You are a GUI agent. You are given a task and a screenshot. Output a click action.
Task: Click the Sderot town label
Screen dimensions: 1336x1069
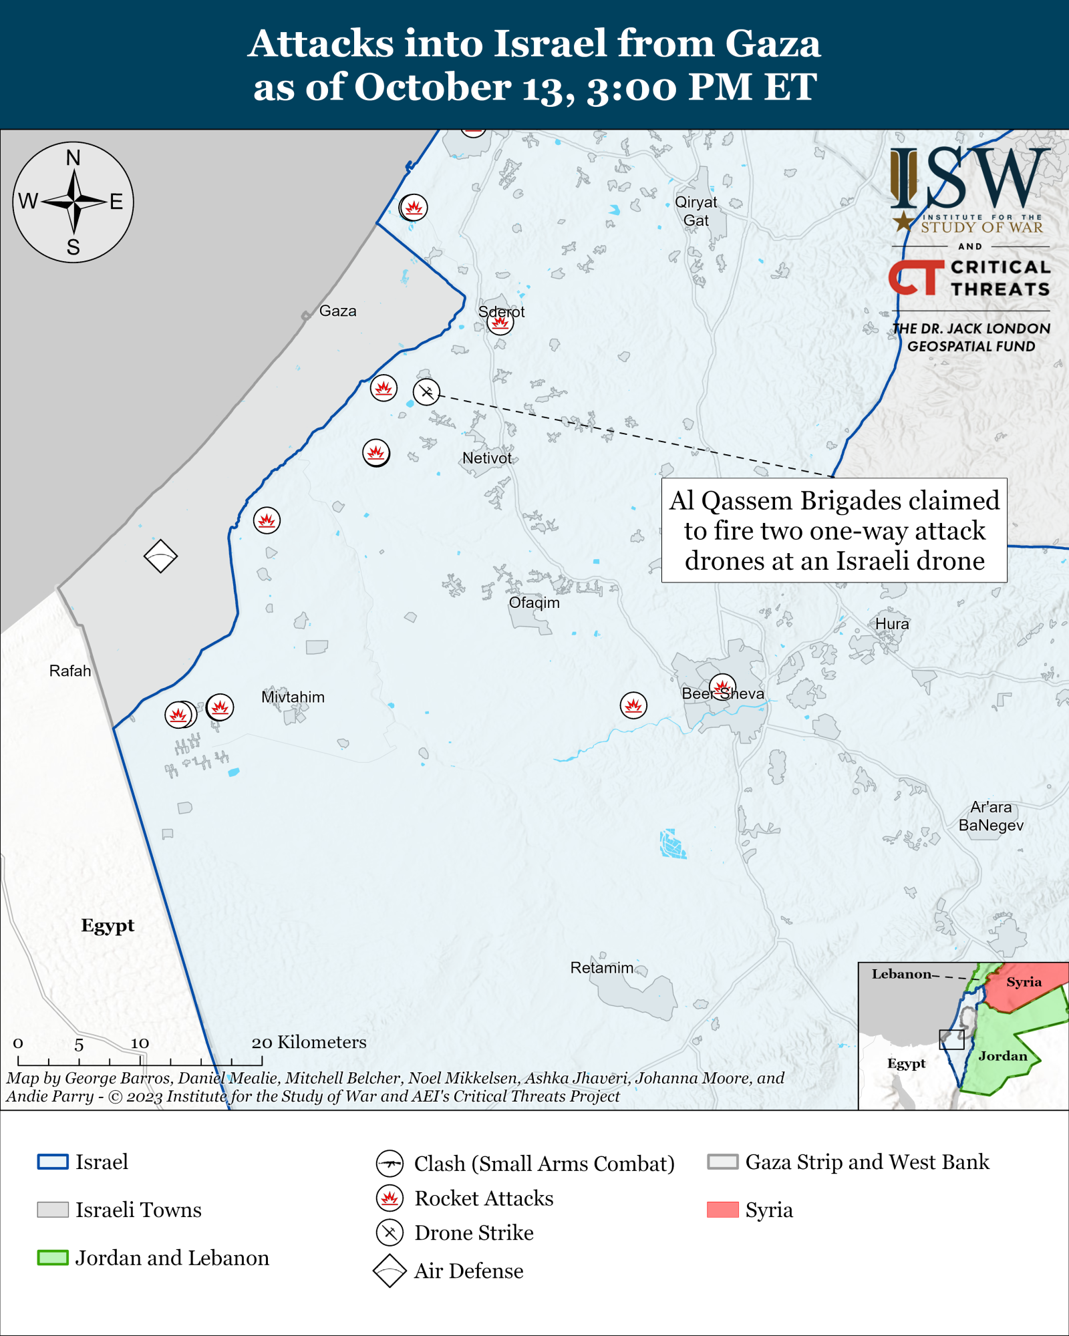(501, 312)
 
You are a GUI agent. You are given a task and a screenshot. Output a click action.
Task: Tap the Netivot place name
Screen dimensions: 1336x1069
(487, 458)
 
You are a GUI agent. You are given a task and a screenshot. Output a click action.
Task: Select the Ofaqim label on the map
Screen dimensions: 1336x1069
(534, 603)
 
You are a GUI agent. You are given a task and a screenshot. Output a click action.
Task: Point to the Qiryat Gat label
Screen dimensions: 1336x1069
(696, 211)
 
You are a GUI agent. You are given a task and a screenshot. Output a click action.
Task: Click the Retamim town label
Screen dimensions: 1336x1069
(601, 968)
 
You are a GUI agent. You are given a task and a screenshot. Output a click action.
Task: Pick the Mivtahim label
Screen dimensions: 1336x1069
(293, 697)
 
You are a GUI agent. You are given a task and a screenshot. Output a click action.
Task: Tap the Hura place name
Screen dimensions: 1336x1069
(892, 624)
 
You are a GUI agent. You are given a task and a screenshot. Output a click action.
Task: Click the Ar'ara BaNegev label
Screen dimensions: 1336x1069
(991, 816)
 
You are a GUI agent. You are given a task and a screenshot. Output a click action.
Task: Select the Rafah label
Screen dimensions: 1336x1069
(70, 671)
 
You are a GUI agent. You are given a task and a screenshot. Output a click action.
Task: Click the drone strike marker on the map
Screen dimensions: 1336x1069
(426, 392)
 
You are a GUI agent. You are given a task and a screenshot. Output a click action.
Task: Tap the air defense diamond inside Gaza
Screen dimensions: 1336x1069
(160, 556)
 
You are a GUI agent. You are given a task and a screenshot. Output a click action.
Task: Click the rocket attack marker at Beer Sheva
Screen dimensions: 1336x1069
(722, 687)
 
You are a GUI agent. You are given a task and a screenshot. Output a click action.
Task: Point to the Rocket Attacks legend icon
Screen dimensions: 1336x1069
(390, 1198)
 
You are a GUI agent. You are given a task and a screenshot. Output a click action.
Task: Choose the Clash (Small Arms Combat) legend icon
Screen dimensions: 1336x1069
(390, 1164)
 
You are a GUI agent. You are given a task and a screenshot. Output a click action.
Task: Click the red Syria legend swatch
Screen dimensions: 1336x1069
(722, 1210)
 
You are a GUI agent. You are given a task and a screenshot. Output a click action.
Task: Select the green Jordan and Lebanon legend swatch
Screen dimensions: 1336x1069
(53, 1258)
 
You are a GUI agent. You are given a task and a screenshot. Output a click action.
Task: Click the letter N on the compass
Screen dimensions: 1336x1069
(73, 158)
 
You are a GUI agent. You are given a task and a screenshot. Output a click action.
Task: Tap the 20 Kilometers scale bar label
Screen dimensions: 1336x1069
(309, 1042)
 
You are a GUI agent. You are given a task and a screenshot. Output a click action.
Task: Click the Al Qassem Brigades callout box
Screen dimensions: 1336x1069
(834, 530)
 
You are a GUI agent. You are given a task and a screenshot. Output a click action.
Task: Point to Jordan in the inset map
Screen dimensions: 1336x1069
(1002, 1056)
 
